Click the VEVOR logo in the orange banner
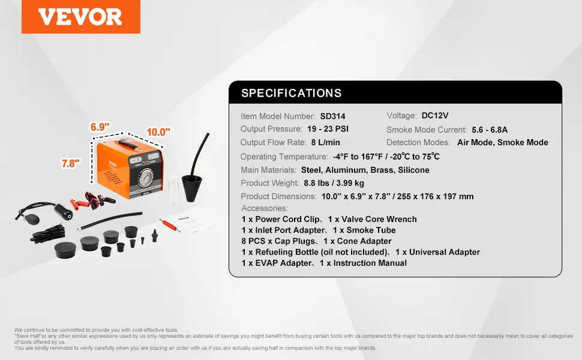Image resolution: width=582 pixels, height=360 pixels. point(80,17)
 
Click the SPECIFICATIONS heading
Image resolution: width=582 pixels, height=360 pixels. point(292,93)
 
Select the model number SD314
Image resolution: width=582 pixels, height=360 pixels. point(332,116)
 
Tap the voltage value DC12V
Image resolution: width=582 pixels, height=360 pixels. point(435,115)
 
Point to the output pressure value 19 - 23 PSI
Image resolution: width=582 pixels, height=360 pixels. point(328,129)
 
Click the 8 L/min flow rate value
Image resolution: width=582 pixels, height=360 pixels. point(326,142)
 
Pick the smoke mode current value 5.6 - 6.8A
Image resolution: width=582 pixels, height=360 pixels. point(490,130)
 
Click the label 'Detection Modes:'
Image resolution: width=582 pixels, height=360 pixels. point(418,142)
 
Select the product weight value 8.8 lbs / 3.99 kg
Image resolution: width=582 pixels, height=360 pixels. point(334,183)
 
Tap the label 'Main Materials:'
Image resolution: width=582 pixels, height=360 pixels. point(268,170)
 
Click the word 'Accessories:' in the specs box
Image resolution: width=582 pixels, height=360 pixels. point(265,208)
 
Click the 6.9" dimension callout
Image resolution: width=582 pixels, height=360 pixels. point(100,127)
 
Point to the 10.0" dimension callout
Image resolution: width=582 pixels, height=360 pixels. point(158,132)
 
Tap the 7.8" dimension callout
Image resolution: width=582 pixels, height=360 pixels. point(71,163)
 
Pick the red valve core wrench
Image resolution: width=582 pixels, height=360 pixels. point(170,225)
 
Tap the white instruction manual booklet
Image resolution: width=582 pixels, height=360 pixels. point(191,223)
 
